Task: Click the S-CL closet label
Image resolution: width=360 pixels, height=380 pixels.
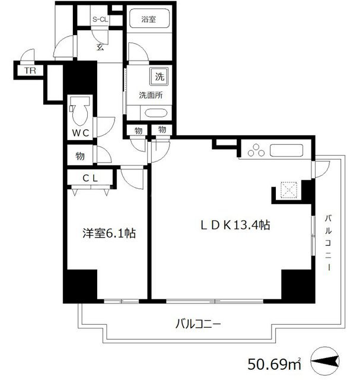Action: click(99, 18)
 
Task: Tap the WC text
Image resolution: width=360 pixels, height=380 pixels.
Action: click(81, 134)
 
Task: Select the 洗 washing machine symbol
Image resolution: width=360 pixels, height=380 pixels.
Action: click(158, 76)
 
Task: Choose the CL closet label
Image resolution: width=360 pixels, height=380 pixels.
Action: click(90, 178)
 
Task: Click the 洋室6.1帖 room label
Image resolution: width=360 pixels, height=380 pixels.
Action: click(109, 234)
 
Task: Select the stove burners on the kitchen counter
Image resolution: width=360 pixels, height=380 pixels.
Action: click(256, 151)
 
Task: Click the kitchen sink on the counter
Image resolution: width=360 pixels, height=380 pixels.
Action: click(288, 151)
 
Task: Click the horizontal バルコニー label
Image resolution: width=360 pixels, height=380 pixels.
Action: click(197, 324)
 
